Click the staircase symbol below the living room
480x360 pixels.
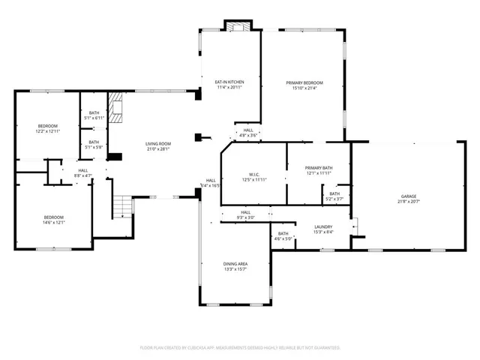pos(121,206)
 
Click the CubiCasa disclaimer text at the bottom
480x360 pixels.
pos(240,348)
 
